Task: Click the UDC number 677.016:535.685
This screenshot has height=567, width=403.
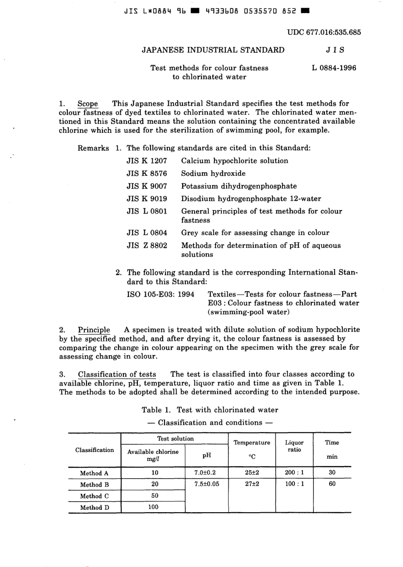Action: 324,32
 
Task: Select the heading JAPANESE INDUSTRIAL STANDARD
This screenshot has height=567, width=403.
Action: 213,50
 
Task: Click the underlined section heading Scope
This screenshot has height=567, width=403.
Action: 87,104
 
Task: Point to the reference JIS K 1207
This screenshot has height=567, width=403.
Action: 147,161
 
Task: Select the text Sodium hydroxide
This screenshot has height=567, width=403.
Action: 213,174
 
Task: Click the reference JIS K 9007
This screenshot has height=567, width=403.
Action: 147,186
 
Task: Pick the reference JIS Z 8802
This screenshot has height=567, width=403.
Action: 147,245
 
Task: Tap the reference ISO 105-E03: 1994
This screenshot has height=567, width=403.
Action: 161,294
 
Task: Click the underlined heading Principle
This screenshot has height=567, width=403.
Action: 94,330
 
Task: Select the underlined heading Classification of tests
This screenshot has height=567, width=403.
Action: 117,374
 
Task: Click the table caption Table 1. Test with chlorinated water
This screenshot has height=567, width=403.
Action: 210,410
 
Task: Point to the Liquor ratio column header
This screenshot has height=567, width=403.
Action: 294,446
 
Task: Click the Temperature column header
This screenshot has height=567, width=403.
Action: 252,443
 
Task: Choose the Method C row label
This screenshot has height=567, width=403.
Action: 94,496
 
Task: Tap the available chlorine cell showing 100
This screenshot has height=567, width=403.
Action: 153,507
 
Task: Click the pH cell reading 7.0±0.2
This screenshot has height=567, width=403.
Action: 205,473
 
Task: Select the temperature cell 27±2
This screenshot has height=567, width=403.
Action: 252,484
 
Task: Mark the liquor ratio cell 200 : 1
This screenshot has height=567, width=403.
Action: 294,472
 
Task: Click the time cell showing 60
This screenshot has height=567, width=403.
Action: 332,484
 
